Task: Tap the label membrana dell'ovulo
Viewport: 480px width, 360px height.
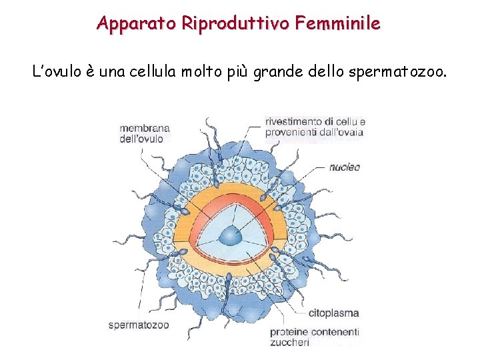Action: point(145,133)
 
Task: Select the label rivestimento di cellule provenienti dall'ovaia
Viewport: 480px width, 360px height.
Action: point(315,127)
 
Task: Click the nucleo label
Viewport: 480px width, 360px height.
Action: point(345,167)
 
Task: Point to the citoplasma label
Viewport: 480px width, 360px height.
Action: point(334,313)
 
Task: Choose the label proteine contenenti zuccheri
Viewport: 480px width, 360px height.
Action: point(315,337)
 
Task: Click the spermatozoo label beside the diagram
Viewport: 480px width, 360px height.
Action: point(139,325)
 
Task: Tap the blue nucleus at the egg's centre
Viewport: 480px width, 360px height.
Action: point(231,235)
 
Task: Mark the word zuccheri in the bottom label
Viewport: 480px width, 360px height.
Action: point(290,343)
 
